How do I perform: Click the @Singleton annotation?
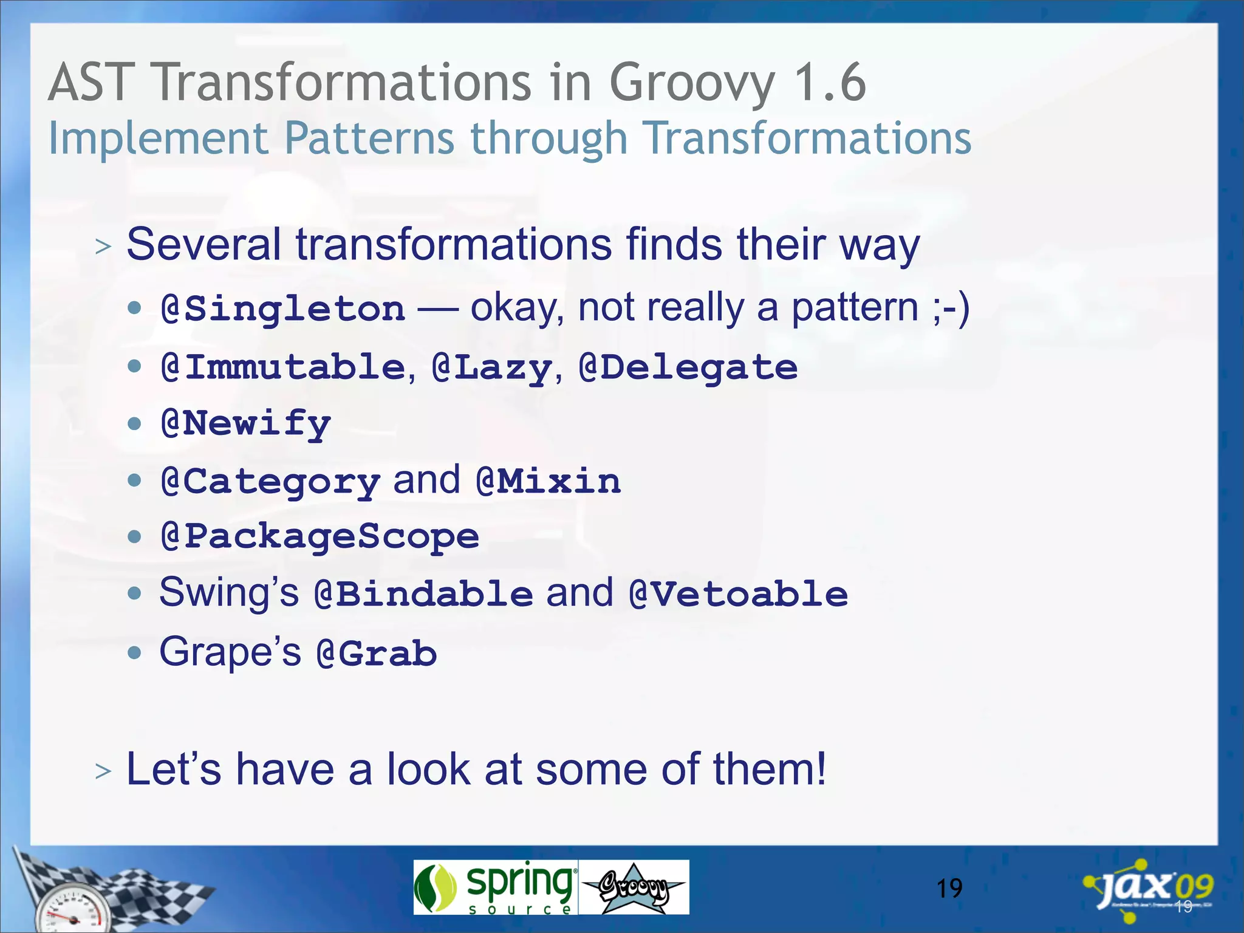[283, 309]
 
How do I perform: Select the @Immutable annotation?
[283, 367]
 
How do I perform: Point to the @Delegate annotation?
[688, 367]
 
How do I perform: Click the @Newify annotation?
[246, 423]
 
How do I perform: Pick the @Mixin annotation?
[549, 481]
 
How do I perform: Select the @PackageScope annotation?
[320, 536]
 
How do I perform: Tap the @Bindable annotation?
[424, 593]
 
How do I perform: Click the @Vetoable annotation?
[739, 593]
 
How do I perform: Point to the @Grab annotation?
[377, 654]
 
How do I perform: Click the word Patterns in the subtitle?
[369, 138]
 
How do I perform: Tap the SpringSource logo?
[495, 887]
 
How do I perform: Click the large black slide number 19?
[949, 889]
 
